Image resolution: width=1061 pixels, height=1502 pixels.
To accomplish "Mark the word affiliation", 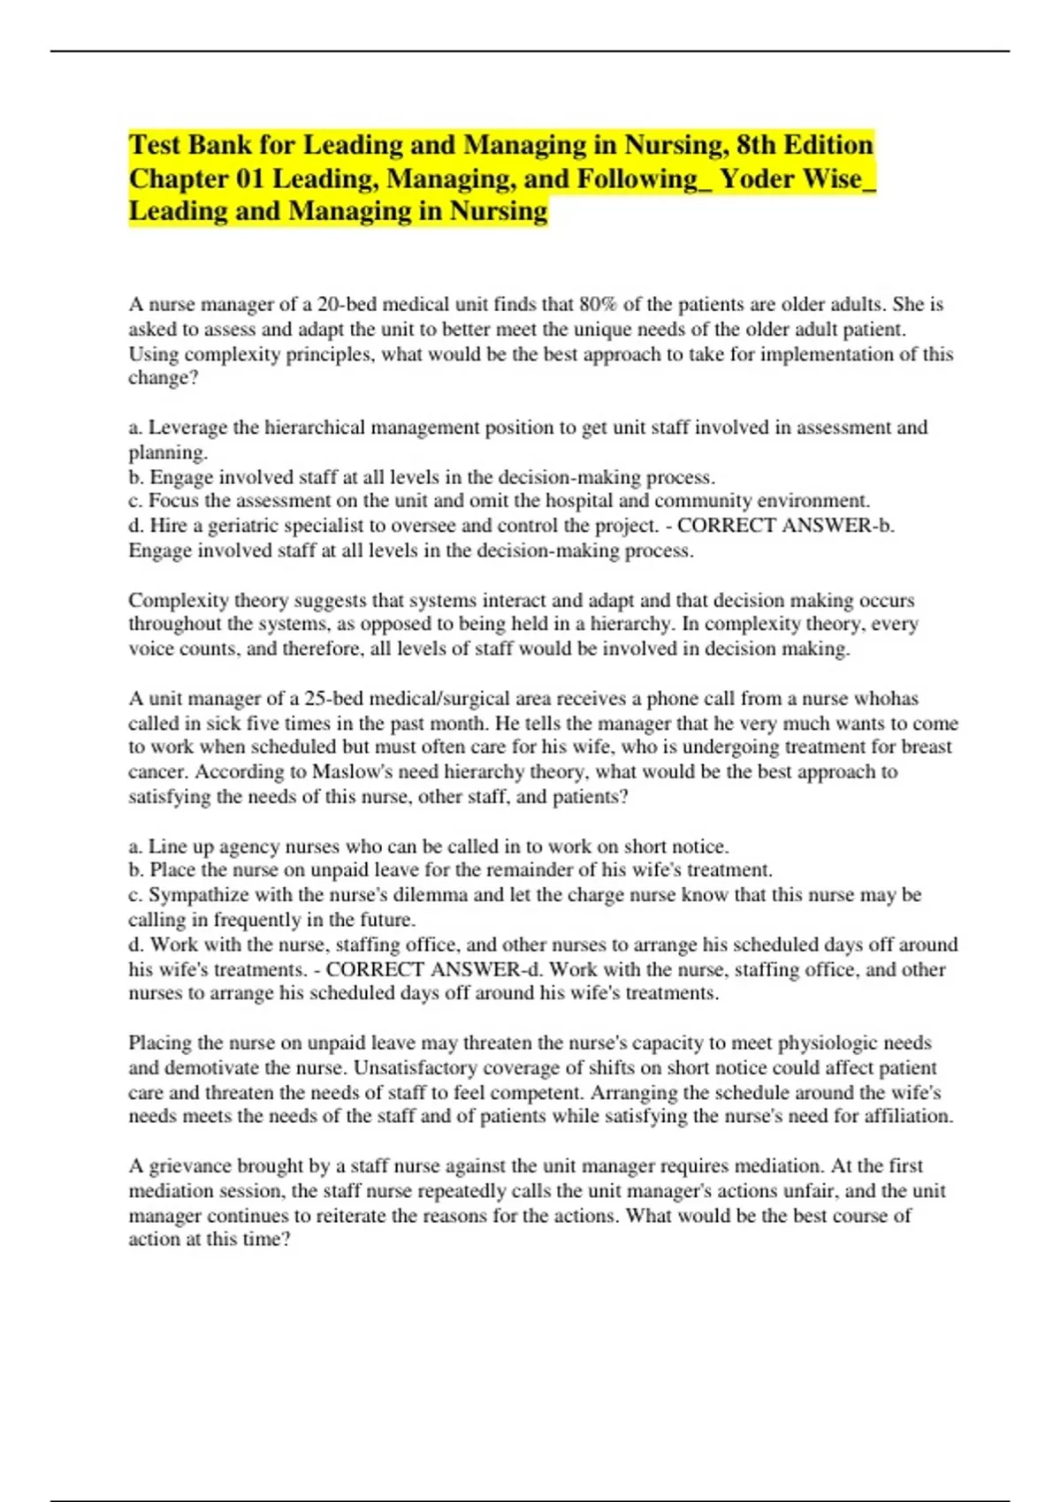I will point(910,1117).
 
